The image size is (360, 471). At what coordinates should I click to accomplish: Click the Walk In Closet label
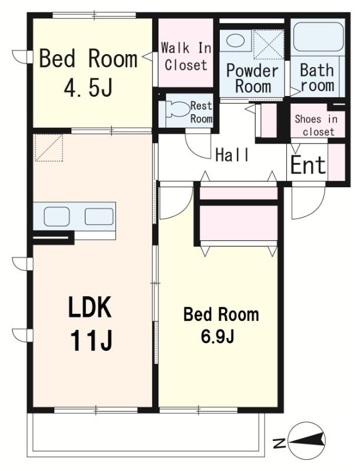pos(186,57)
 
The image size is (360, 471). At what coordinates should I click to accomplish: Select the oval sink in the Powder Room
pos(235,40)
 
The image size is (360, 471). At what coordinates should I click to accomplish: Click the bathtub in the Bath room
pos(318,37)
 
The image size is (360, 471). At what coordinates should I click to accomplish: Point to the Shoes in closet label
pos(316,125)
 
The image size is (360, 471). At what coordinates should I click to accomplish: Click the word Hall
pos(232,155)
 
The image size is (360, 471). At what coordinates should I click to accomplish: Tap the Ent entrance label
pos(308,165)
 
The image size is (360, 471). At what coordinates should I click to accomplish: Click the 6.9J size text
pos(217,337)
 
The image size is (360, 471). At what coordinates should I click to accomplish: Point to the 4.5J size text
pos(88,87)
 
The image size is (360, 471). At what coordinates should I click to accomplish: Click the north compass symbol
pos(306,440)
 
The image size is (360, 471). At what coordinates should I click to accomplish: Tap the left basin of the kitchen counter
pos(57,216)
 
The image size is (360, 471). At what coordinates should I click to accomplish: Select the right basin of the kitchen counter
pos(99,216)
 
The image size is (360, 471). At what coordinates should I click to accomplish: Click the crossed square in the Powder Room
pos(268,45)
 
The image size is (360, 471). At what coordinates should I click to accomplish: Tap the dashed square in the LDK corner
pos(49,148)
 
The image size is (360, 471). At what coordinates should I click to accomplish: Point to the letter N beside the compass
pos(279,443)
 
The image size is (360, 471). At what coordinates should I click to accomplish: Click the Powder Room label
pos(252,78)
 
